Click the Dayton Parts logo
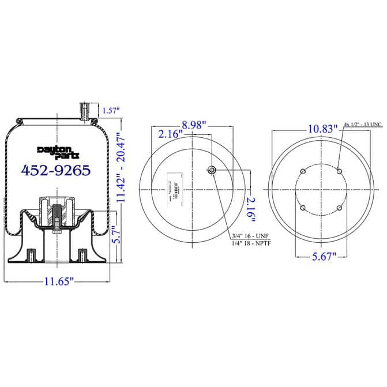point(56,151)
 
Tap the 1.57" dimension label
point(111,110)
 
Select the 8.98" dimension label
point(194,125)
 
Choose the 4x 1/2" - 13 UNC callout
point(362,125)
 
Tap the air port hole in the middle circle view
point(212,170)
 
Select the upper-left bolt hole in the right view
point(302,171)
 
